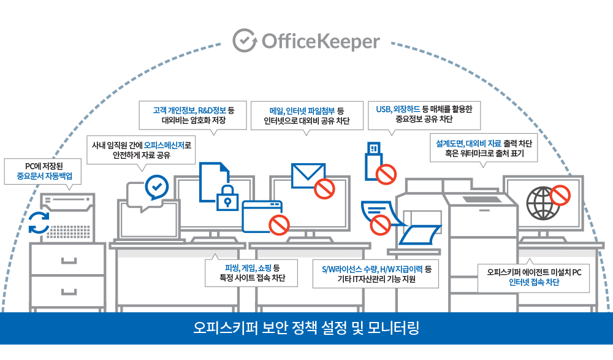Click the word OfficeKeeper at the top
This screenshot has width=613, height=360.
(321, 41)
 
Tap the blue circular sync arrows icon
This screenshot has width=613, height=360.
(40, 223)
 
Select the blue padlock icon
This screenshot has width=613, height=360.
(227, 196)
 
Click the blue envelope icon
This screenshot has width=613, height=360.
(308, 175)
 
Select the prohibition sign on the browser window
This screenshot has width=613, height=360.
(279, 224)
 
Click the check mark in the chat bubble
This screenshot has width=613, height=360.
(156, 185)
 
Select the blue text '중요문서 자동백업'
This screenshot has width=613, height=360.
(44, 175)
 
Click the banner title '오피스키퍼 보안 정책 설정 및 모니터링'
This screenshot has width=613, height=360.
(306, 327)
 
